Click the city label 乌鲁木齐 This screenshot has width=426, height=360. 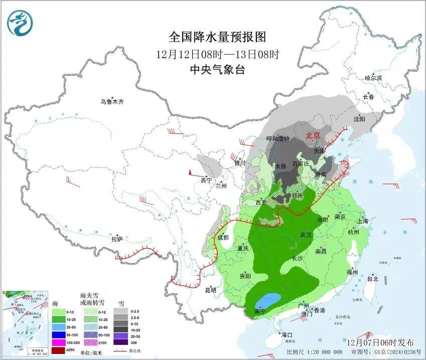(x=111, y=102)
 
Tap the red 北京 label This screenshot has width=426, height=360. (x=313, y=135)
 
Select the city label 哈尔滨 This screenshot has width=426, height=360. (x=373, y=78)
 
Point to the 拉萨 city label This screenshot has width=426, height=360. (x=117, y=239)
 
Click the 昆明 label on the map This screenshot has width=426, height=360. (x=211, y=290)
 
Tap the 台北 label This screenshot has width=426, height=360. (x=373, y=279)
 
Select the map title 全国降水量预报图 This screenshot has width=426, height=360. (x=217, y=37)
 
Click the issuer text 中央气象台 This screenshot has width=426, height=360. (x=217, y=70)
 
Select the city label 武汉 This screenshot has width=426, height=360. (x=306, y=235)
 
